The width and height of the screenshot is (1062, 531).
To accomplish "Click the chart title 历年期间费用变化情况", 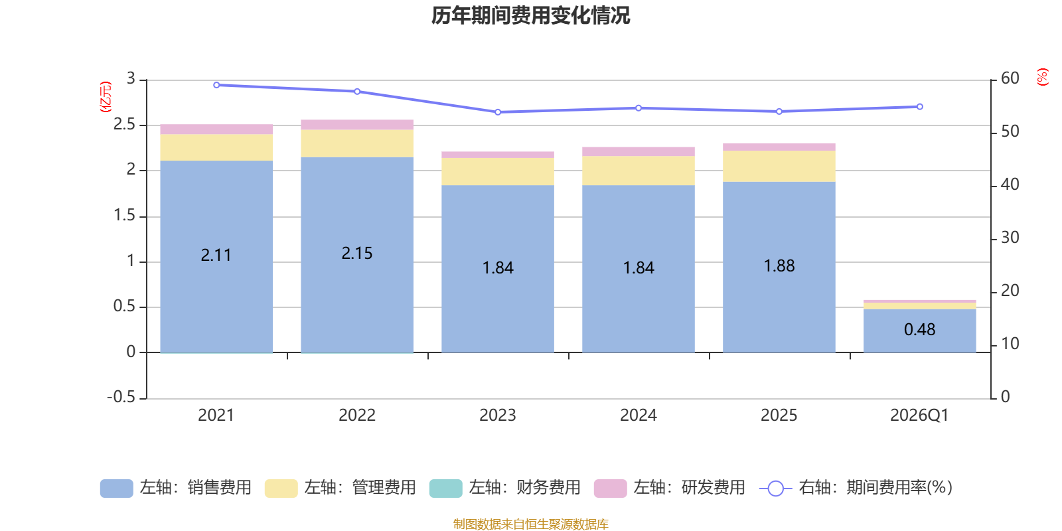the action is pyautogui.click(x=530, y=16).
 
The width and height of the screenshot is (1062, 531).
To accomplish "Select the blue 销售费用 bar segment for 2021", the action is pyautogui.click(x=216, y=256).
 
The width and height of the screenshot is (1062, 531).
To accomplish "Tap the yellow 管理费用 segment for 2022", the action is pyautogui.click(x=357, y=143).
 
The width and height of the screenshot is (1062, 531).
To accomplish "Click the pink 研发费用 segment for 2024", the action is pyautogui.click(x=638, y=152).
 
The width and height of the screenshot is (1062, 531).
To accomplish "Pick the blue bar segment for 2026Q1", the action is pyautogui.click(x=919, y=331).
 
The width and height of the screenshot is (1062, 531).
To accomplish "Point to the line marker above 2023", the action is pyautogui.click(x=498, y=112).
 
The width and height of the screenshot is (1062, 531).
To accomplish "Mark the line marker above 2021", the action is pyautogui.click(x=216, y=86).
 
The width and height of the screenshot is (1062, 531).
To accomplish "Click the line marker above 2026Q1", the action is pyautogui.click(x=920, y=107).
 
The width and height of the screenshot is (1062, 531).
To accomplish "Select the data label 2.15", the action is pyautogui.click(x=357, y=253).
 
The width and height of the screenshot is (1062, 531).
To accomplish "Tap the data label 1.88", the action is pyautogui.click(x=779, y=266).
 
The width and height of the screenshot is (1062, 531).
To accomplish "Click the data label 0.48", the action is pyautogui.click(x=920, y=329).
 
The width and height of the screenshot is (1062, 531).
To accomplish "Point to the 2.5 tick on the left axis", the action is pyautogui.click(x=124, y=124).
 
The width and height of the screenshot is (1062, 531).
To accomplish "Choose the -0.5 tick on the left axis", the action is pyautogui.click(x=121, y=397).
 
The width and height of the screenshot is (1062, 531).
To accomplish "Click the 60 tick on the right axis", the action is pyautogui.click(x=1010, y=78).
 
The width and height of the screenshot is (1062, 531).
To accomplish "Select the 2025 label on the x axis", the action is pyautogui.click(x=779, y=416).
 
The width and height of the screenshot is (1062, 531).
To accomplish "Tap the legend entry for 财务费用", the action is pyautogui.click(x=505, y=488).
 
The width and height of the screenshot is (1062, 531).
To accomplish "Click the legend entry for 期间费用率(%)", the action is pyautogui.click(x=856, y=488).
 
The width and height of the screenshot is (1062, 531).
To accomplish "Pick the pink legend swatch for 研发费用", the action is pyautogui.click(x=610, y=489).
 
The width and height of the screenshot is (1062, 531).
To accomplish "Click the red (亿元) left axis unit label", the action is pyautogui.click(x=106, y=97).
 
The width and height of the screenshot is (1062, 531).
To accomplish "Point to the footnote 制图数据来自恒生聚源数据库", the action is pyautogui.click(x=530, y=524).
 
